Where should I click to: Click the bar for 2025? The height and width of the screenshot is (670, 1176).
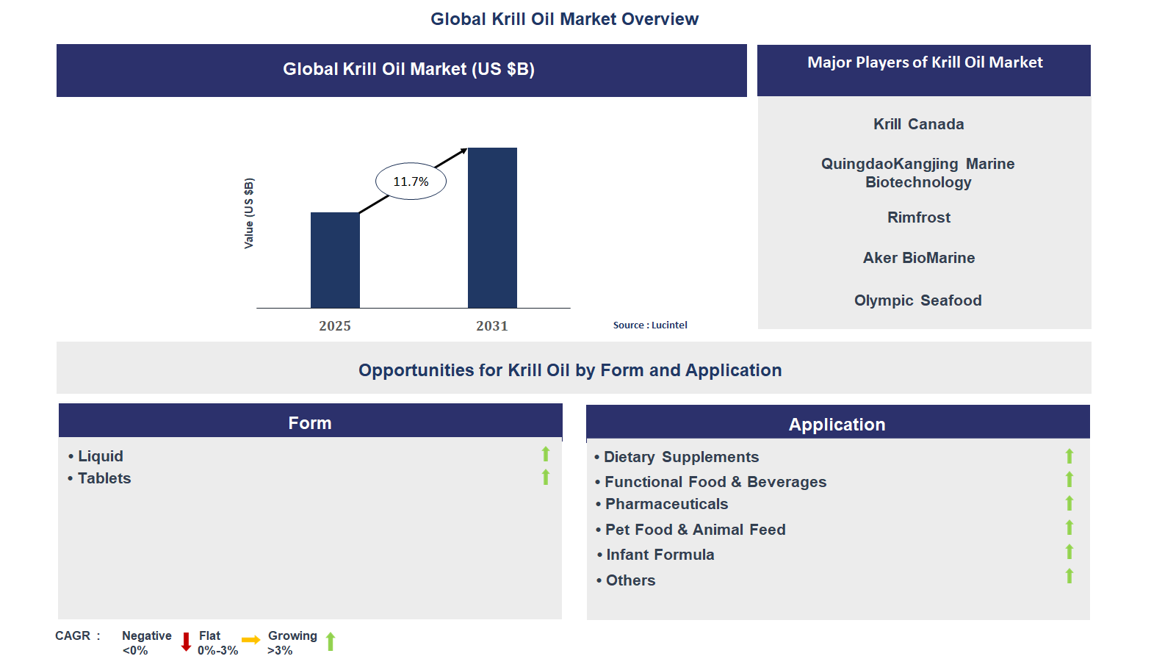coord(335,260)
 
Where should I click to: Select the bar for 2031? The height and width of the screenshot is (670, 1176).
coord(492,228)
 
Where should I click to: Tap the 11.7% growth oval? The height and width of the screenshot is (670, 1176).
coord(411,181)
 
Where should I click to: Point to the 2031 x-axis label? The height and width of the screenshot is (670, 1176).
coord(491,325)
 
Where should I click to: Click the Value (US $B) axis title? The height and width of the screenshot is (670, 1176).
coord(249,213)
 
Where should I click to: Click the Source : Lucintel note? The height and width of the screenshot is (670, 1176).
coord(650,325)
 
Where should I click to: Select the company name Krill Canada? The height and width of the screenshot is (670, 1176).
coord(918,124)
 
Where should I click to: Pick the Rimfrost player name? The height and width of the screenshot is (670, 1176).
coord(918,217)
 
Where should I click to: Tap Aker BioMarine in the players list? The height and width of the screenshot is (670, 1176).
coord(918,258)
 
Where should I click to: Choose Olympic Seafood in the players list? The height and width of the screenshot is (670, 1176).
coord(917,300)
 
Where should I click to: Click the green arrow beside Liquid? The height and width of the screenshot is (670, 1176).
coord(546,454)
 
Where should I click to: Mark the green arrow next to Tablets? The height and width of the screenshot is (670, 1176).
coord(546,478)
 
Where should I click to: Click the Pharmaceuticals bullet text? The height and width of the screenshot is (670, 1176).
coord(666,504)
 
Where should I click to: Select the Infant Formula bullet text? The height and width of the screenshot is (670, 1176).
coord(660,555)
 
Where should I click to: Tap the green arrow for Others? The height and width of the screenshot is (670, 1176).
coord(1069,576)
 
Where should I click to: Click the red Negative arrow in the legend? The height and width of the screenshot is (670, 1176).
coord(186,641)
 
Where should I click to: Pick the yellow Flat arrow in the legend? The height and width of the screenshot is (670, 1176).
coord(250,640)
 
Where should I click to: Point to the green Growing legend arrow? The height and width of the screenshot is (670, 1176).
coord(331,641)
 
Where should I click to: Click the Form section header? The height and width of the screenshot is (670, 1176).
coord(310,422)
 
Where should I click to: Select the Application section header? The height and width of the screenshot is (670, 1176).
coord(837,424)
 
